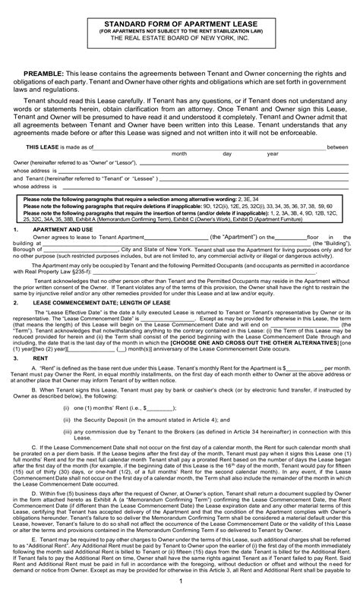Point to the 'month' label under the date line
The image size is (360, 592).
point(179,154)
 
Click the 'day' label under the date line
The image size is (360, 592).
point(226,154)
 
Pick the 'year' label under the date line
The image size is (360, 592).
point(273,154)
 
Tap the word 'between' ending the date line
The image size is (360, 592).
point(337,146)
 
